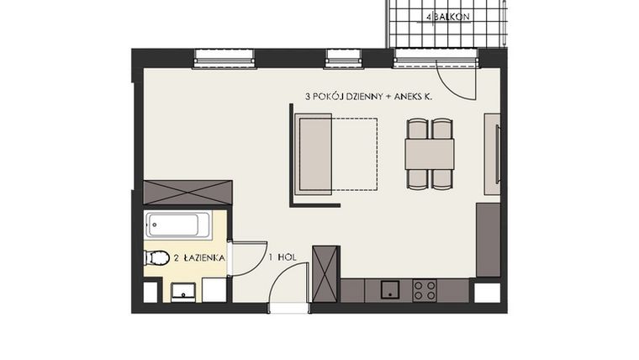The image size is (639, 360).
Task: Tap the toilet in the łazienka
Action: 154,258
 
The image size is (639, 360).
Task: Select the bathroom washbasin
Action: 183,291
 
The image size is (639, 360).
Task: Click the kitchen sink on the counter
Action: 390,290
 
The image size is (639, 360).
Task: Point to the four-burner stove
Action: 425,290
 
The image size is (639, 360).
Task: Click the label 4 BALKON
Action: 448,16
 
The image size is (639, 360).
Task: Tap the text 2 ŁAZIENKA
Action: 199,258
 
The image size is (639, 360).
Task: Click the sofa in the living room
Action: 314,156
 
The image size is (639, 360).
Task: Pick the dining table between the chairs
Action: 429,154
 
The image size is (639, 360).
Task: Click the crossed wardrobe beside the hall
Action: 325,273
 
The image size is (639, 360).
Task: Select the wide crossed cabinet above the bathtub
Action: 187,192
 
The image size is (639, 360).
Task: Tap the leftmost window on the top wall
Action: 224,59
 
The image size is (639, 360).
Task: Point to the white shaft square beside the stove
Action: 487,294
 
